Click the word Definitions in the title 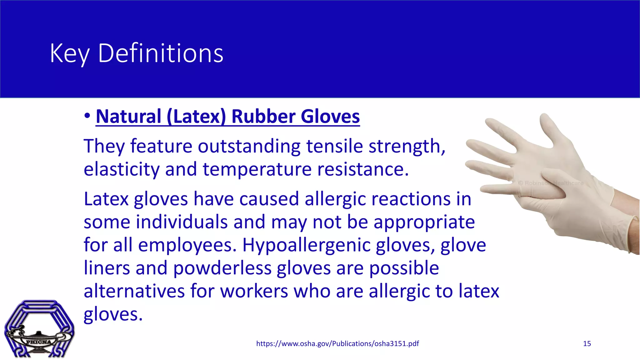point(161,53)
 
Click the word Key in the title point(70,53)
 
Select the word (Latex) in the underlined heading point(196,117)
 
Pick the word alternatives point(134,291)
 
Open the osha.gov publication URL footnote point(337,343)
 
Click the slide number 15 point(587,343)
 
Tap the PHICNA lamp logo point(39,329)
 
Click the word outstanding point(249,146)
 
